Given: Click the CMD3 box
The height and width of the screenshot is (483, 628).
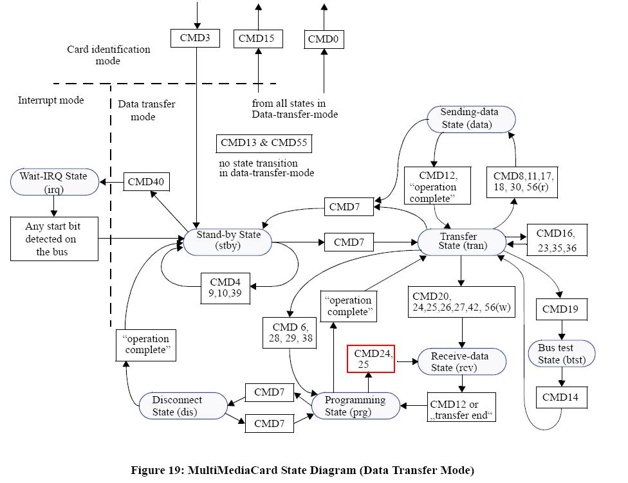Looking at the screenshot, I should click(195, 37).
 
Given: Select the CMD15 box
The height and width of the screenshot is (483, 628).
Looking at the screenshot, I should click(256, 39).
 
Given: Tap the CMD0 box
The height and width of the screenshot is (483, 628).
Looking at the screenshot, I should click(324, 39).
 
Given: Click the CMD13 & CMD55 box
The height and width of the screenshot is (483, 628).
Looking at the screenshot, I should click(264, 143).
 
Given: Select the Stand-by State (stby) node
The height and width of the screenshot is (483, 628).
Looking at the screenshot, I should click(228, 241).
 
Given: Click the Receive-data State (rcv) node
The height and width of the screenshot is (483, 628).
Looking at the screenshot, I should click(459, 361).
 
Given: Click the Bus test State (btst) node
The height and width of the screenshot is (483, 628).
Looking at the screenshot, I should click(561, 354).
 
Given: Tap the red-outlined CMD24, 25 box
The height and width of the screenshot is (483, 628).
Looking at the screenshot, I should click(371, 359).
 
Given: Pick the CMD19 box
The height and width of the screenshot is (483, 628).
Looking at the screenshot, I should click(560, 309).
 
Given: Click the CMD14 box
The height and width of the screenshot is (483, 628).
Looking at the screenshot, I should click(560, 397).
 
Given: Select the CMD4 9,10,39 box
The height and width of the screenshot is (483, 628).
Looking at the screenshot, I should click(225, 287).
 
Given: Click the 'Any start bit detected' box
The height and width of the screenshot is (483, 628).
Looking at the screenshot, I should click(54, 239).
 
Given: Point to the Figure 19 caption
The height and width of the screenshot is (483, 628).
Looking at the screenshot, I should click(302, 470).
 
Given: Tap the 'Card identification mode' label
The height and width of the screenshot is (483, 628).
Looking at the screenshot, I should click(108, 55).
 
